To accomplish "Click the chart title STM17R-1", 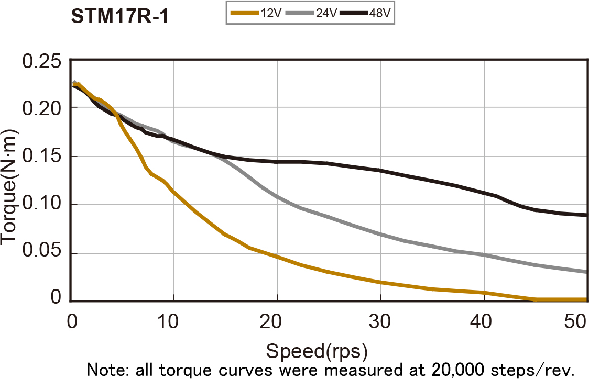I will [x=119, y=16].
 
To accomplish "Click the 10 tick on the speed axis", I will [x=173, y=320].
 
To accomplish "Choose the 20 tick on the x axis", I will [x=277, y=320].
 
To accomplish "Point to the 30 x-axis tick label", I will [x=380, y=320].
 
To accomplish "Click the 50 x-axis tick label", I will [x=575, y=320].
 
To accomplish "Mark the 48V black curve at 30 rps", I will [x=380, y=171].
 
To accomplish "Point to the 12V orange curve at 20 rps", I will [x=277, y=257].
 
